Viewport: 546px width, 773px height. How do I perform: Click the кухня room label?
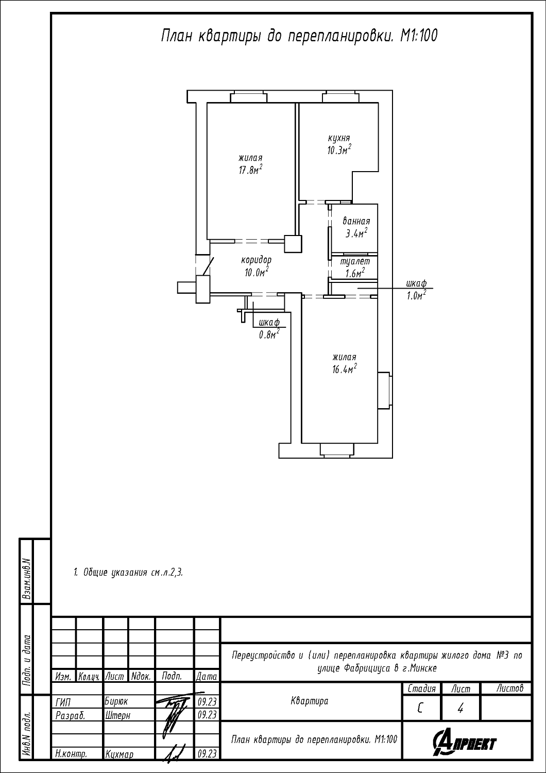tap(339, 139)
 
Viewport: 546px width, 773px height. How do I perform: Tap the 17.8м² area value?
tap(250, 170)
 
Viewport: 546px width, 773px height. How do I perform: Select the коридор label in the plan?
tap(257, 260)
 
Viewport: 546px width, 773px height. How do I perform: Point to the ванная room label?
tap(356, 221)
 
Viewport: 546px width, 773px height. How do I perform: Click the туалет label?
tap(355, 262)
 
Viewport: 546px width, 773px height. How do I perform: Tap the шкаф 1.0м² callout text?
tap(416, 289)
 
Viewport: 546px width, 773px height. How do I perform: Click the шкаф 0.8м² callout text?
tap(269, 328)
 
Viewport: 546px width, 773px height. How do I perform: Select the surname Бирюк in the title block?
tap(116, 701)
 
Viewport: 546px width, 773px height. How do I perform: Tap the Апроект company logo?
tap(464, 743)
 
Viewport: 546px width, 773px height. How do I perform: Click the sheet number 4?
tap(460, 708)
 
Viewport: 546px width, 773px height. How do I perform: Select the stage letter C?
tap(420, 708)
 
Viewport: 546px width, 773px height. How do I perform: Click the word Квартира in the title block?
tap(310, 701)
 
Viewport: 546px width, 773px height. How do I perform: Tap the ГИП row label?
tap(63, 702)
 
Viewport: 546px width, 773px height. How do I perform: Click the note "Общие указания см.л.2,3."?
tap(128, 573)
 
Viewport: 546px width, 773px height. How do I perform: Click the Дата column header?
tap(207, 676)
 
